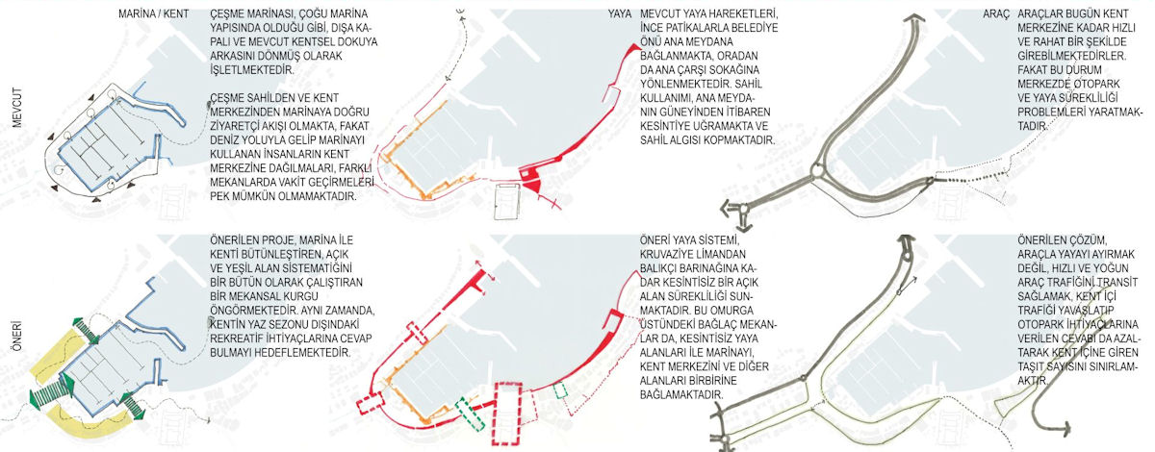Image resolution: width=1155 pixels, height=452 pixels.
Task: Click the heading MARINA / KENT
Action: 154,13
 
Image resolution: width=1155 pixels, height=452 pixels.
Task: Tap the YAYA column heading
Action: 619,13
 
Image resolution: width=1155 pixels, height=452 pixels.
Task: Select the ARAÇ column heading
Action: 995,13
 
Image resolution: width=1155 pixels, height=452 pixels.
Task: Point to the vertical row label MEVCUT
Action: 17,108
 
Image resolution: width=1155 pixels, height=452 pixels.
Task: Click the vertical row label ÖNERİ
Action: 17,337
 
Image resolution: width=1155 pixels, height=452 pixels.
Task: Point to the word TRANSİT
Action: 1116,283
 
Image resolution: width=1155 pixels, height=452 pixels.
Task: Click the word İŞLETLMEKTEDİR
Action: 252,69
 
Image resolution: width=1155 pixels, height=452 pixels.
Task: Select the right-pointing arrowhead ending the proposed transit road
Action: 1066,427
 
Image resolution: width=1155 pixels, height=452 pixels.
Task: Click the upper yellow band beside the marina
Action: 56,350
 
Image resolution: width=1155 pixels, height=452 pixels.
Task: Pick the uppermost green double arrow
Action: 86,331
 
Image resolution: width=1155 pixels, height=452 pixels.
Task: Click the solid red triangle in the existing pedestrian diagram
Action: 533,185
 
